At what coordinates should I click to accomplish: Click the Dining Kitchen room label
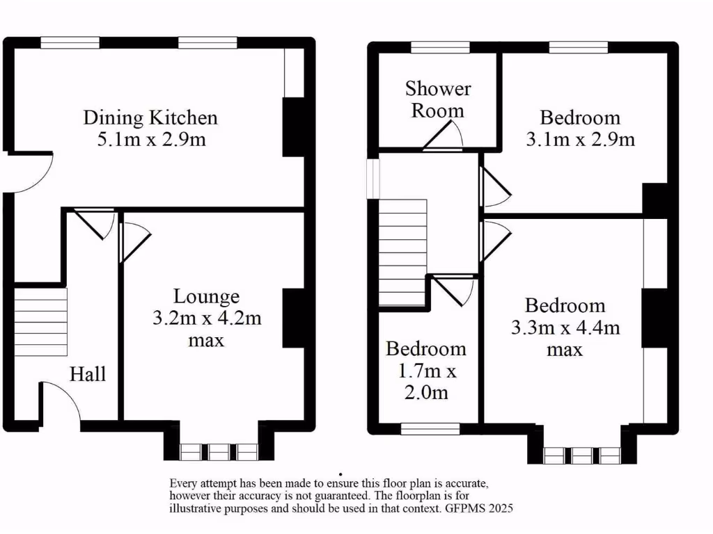150,117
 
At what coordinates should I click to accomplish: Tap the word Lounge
206,297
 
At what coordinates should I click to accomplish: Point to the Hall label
88,374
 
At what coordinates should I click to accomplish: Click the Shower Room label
438,99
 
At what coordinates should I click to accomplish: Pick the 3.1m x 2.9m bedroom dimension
580,139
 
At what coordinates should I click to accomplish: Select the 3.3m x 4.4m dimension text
565,327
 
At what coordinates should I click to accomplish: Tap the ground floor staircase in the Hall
40,322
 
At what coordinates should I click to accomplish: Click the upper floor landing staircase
402,252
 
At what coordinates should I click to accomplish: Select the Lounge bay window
219,452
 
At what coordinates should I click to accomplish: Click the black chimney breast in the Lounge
293,318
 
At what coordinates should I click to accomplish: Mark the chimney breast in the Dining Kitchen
293,127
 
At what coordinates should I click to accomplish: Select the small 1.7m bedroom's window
430,429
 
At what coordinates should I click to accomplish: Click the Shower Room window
439,47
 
